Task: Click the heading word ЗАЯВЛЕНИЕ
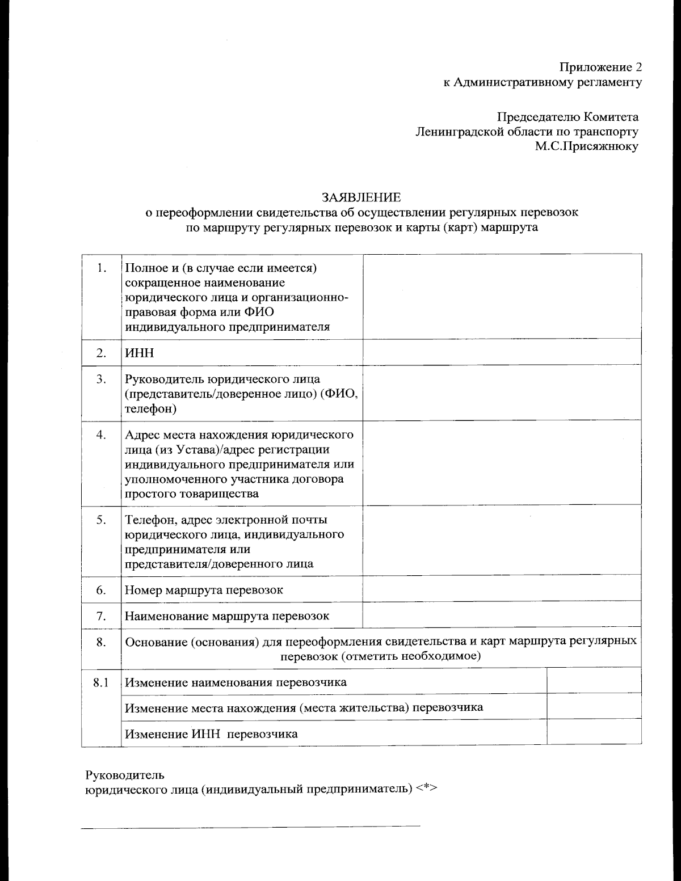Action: (361, 197)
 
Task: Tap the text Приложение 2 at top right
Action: (601, 68)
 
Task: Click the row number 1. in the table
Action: (102, 268)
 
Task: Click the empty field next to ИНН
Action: (502, 352)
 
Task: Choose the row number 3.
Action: (102, 379)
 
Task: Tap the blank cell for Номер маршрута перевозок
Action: (502, 589)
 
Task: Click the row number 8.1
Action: (101, 682)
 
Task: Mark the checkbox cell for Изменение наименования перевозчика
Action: (594, 681)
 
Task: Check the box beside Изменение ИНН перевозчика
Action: (594, 732)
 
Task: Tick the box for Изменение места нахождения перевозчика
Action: (594, 706)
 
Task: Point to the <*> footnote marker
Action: (427, 789)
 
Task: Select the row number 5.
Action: (102, 520)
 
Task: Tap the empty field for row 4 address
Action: (502, 463)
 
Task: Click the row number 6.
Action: (102, 590)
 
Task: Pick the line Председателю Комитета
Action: (567, 117)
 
